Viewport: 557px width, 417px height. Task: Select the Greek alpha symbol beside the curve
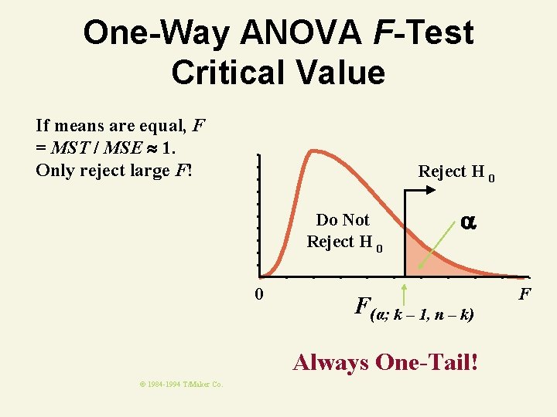(467, 221)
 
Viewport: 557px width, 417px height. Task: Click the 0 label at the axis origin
(260, 293)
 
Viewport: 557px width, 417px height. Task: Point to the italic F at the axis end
(525, 293)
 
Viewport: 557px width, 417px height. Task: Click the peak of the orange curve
(313, 151)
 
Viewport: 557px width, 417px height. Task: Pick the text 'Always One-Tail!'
(385, 361)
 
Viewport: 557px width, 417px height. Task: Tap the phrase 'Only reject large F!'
(113, 169)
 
